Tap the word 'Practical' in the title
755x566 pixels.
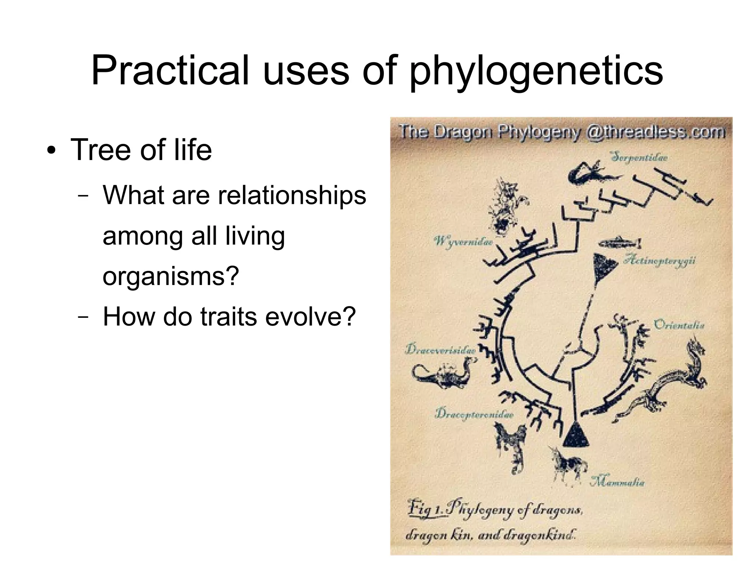[170, 70]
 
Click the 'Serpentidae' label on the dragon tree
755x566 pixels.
[639, 157]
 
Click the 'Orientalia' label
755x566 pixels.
[679, 325]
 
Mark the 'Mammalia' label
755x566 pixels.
[617, 482]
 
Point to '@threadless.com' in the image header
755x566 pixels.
[655, 131]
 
